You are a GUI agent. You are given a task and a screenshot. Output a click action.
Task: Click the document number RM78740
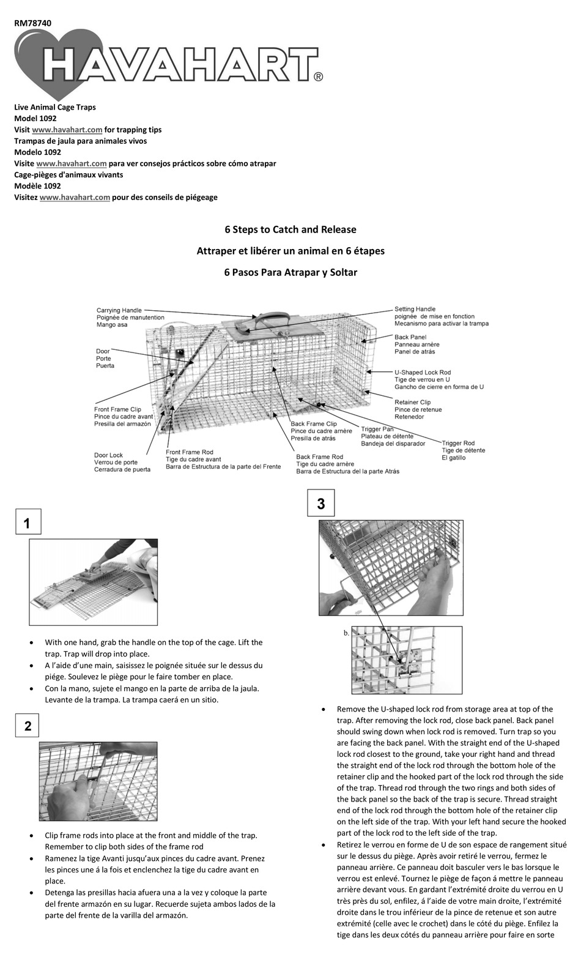[32, 23]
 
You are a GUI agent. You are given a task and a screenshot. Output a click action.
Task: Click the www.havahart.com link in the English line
[67, 130]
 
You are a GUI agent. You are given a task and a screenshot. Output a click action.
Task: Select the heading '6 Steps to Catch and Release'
[290, 229]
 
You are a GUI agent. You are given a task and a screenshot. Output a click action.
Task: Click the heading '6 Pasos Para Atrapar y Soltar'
[290, 272]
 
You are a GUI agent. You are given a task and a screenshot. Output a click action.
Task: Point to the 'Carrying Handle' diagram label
[119, 311]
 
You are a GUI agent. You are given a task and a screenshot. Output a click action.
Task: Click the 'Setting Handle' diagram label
[415, 310]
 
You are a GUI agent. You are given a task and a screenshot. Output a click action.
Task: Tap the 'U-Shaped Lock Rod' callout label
[422, 372]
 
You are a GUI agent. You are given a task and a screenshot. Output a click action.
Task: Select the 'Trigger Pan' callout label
[377, 429]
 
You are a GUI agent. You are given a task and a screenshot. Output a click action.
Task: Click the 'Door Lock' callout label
[108, 455]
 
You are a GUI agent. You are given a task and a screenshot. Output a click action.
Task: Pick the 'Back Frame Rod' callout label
[319, 457]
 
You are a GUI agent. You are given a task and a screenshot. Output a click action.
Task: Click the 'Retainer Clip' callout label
[412, 403]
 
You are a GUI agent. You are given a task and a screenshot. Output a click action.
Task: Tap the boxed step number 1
[27, 524]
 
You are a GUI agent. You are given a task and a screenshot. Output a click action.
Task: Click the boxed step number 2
[28, 726]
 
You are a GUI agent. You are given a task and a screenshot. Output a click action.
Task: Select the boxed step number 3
[320, 504]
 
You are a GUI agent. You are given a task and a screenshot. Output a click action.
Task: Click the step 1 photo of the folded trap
[93, 581]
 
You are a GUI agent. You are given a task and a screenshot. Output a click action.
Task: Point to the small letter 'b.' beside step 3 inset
[346, 633]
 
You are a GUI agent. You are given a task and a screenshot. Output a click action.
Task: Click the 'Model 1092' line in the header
[35, 119]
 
